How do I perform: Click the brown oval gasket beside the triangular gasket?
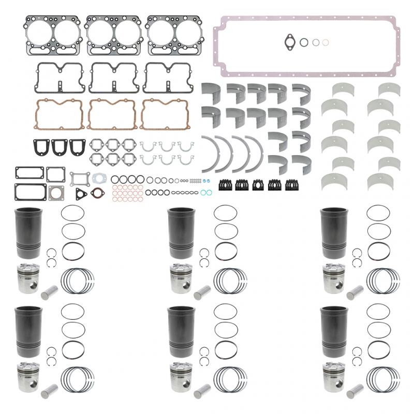[x=96, y=193]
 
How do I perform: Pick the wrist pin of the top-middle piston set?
[x=201, y=292]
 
